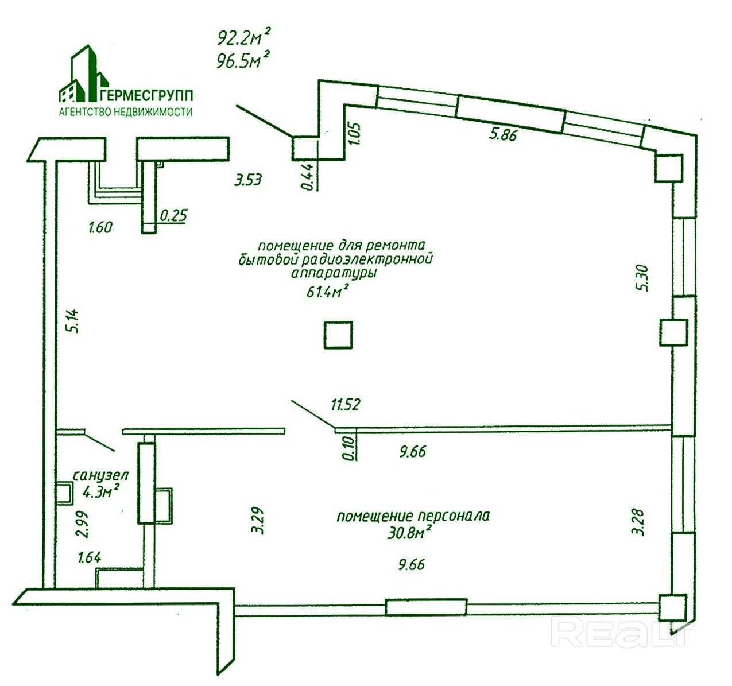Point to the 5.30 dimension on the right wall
click(x=642, y=277)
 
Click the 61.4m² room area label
click(x=328, y=293)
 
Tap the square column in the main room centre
click(x=338, y=335)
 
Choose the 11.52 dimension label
click(x=345, y=405)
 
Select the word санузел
click(x=100, y=476)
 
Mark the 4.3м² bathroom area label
click(x=101, y=491)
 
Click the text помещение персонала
click(x=413, y=516)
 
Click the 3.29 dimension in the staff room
click(x=257, y=521)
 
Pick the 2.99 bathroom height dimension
click(x=84, y=524)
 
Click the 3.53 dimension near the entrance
click(x=247, y=180)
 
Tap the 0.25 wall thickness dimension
click(x=174, y=216)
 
